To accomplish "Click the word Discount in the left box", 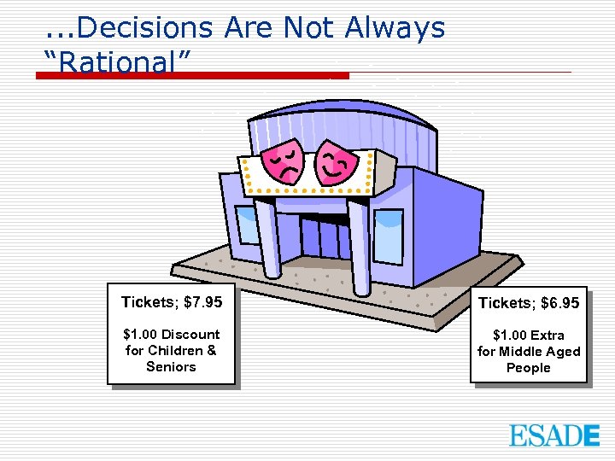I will pyautogui.click(x=190, y=335).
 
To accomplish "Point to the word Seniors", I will pyautogui.click(x=171, y=367).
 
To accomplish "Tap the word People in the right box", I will pyautogui.click(x=528, y=368).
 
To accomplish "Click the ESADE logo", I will pyautogui.click(x=554, y=435).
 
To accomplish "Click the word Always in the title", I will pyautogui.click(x=395, y=28).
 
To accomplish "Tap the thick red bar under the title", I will pyautogui.click(x=192, y=75).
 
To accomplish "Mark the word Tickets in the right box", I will pyautogui.click(x=504, y=303).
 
